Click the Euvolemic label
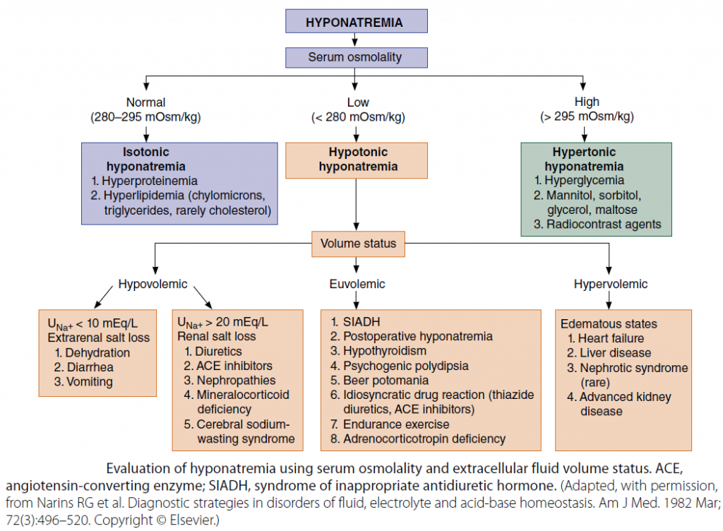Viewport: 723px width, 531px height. pos(358,284)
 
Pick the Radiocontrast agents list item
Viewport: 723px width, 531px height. pos(598,224)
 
